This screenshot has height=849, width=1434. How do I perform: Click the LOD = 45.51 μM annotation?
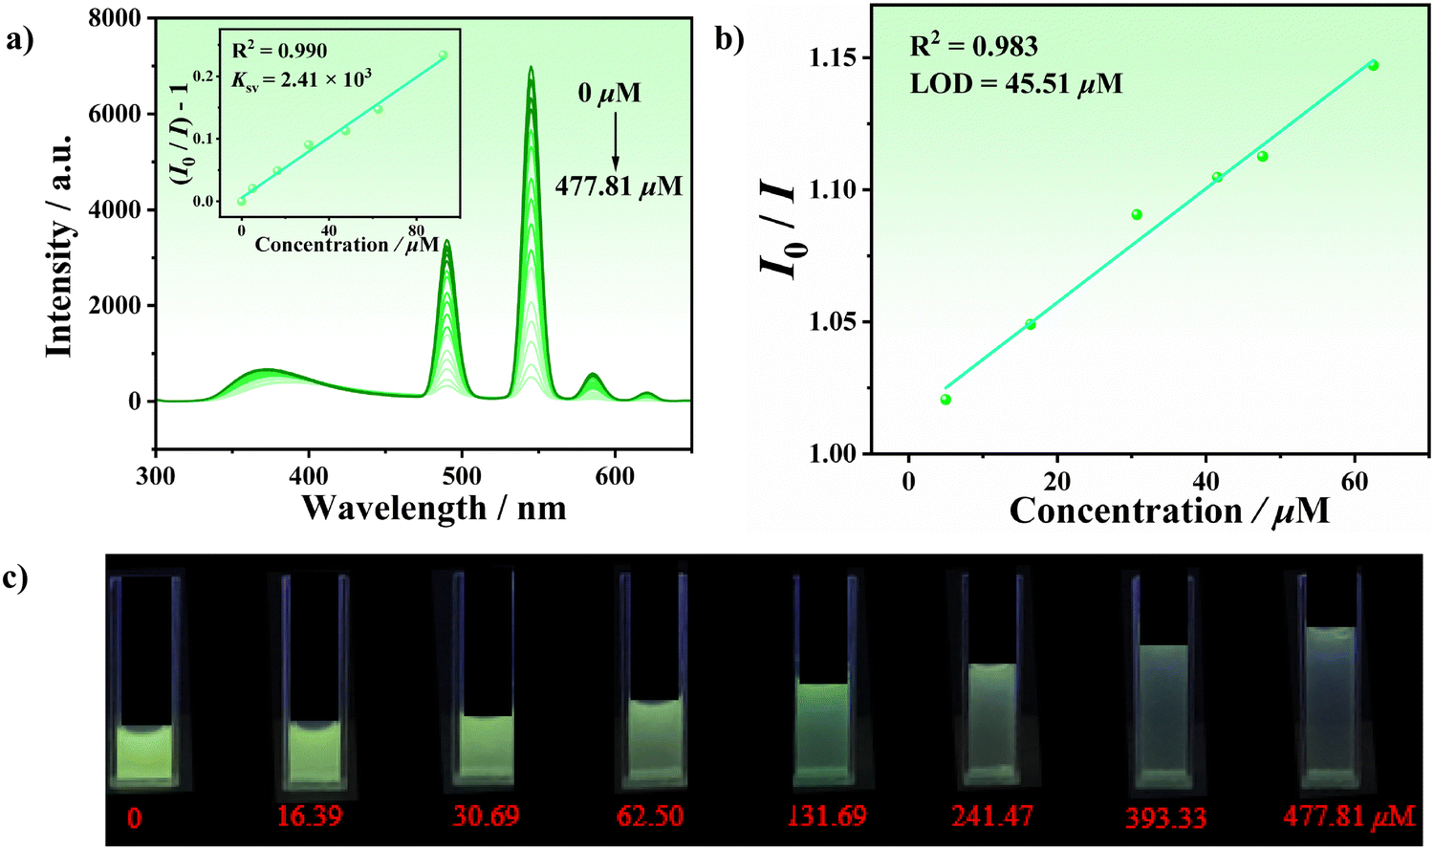[x=1015, y=84]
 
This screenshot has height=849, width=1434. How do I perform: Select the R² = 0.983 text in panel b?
[x=973, y=47]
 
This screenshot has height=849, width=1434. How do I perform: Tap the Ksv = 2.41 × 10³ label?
[x=301, y=79]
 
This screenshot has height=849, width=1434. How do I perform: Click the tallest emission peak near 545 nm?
[x=530, y=69]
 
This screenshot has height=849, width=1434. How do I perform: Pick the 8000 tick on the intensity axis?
[x=115, y=18]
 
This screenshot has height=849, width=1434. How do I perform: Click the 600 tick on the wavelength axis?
[x=614, y=475]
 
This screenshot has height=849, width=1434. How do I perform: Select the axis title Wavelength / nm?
[x=434, y=508]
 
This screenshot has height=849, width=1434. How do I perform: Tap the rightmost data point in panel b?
[x=1373, y=65]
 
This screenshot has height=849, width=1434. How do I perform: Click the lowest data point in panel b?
[x=945, y=400]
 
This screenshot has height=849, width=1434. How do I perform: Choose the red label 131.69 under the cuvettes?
[x=826, y=816]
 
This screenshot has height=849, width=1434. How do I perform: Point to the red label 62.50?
[x=650, y=816]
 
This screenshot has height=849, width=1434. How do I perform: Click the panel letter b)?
[x=728, y=40]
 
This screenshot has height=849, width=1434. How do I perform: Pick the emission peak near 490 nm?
[x=446, y=243]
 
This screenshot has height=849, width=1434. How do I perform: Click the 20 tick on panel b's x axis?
[x=1057, y=480]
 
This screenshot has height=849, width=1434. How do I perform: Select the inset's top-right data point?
[x=443, y=55]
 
